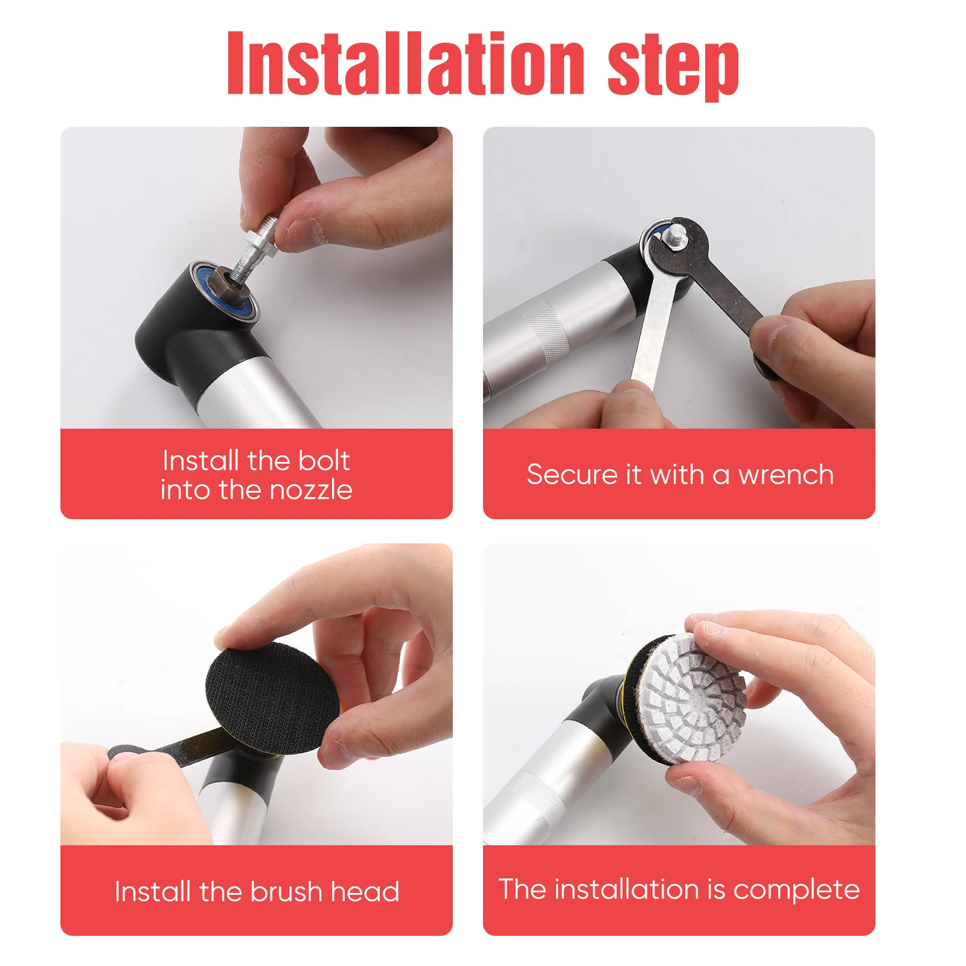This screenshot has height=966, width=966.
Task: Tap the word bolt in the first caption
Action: click(x=324, y=461)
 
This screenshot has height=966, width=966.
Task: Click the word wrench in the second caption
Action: click(x=786, y=475)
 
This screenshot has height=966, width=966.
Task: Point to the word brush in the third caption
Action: click(x=286, y=891)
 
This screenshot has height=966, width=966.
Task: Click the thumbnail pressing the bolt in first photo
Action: click(x=304, y=232)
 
